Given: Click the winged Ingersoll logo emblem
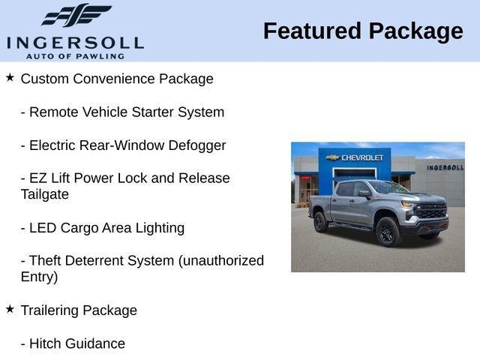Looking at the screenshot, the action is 76,15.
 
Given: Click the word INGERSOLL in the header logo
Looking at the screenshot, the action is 75,43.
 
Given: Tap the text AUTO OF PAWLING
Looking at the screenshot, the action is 75,56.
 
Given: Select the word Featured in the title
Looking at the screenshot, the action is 312,31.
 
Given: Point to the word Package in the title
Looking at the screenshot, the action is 416,32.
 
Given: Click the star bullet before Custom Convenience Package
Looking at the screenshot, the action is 10,77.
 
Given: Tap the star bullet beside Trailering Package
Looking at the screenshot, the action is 10,309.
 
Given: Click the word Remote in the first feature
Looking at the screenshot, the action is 53,112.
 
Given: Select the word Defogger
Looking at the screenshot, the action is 197,146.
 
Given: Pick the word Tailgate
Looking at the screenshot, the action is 45,195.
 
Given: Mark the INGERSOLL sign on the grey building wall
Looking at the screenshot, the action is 445,168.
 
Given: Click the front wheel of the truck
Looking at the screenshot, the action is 388,232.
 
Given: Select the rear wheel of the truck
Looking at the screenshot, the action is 320,222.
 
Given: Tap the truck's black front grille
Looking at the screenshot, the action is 431,211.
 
